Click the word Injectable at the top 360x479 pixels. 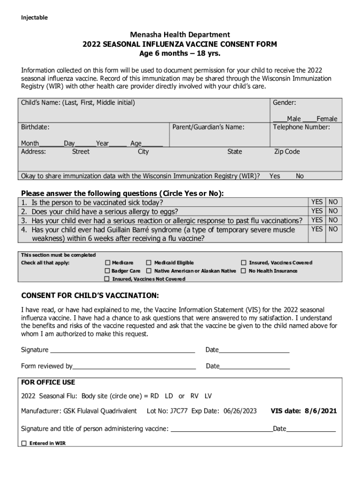coord(34,18)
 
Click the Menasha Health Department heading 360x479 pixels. coord(180,35)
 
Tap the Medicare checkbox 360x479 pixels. coord(108,263)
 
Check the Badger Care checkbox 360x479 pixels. coord(108,271)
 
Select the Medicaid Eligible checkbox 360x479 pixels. coord(149,263)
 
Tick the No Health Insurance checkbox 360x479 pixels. coord(244,271)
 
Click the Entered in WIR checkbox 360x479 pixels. coord(24,443)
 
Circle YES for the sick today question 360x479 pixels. coord(317,202)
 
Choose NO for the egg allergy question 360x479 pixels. coord(333,211)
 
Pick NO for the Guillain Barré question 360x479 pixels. coord(333,229)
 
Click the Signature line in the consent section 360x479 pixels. coord(122,349)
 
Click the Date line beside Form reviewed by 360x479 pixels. coord(254,366)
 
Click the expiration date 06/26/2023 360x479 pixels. coord(240,411)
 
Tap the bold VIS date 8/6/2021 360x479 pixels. coord(304,411)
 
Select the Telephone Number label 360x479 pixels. coord(301,127)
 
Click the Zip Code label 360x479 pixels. coord(287,152)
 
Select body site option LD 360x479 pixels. coord(169,396)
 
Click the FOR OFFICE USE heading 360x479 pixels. coord(48,382)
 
